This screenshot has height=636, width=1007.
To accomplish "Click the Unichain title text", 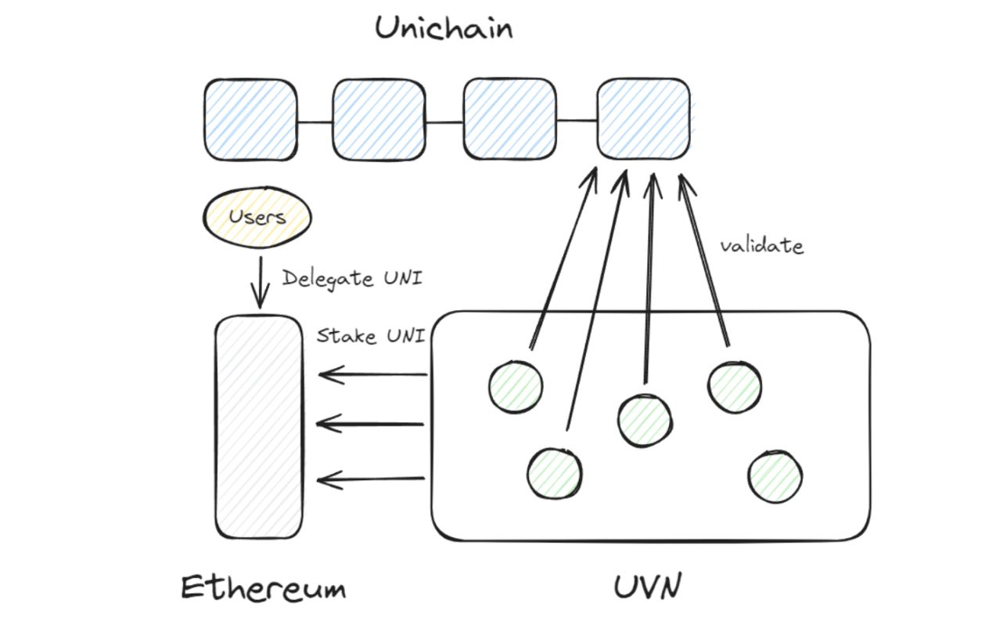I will tap(444, 29).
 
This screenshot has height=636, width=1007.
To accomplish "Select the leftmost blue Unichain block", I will tap(251, 120).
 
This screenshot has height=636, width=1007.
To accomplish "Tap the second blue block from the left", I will tap(379, 120).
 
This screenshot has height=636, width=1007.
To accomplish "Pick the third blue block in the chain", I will tap(509, 120).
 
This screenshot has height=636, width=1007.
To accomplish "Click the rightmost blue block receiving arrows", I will tap(643, 118).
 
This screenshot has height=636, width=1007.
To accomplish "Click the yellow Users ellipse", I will tap(257, 216).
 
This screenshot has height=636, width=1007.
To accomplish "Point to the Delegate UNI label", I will tap(352, 278).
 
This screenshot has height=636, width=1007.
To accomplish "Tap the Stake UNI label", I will tap(371, 336).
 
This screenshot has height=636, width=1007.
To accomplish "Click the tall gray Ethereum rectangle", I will tap(259, 427).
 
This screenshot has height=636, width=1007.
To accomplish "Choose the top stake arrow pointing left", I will tap(372, 375).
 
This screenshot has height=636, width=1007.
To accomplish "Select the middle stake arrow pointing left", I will tap(371, 425).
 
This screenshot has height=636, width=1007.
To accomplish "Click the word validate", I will tap(761, 246).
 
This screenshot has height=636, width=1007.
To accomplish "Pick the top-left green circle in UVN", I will tap(516, 386).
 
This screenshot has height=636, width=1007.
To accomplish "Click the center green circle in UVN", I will tap(644, 420).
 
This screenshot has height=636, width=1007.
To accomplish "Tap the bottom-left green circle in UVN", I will tap(554, 473).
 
